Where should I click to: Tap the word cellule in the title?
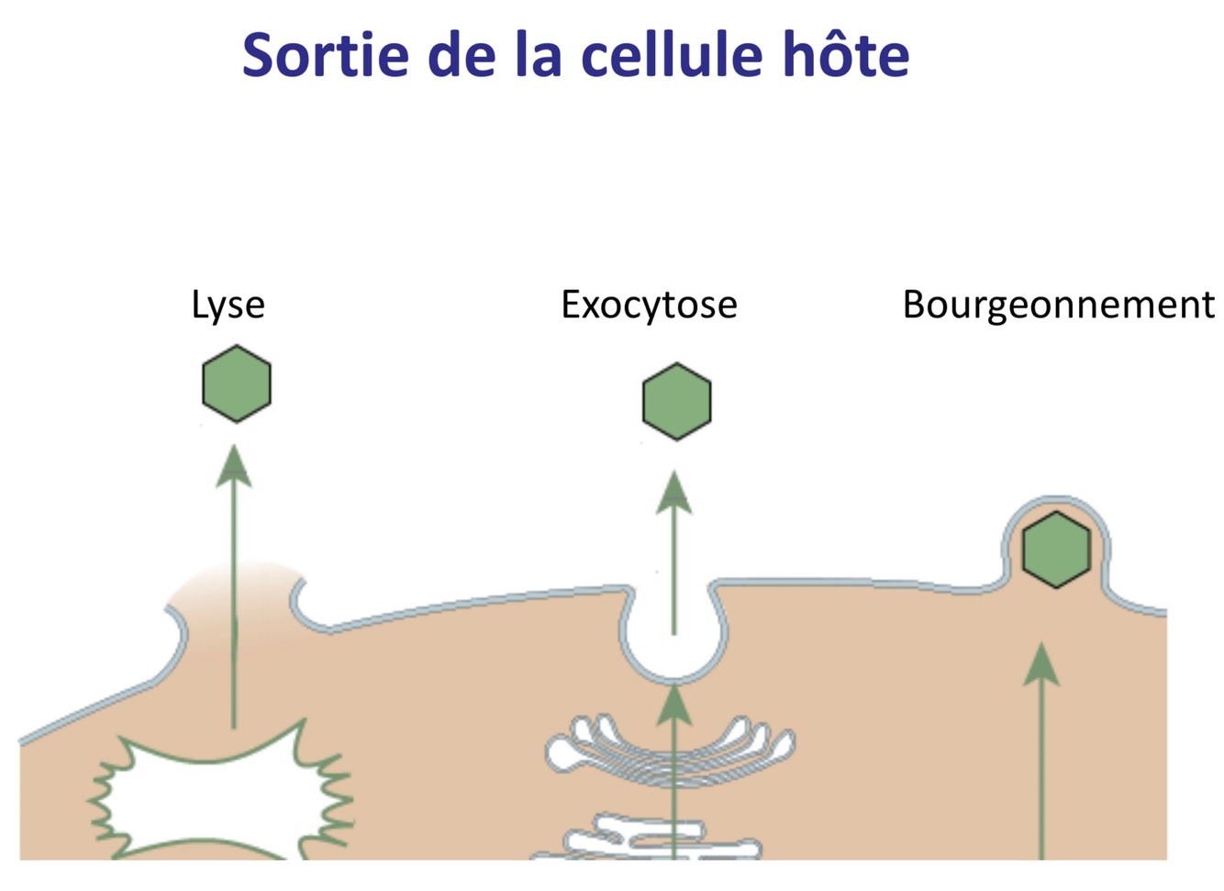coord(671,55)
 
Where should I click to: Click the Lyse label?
coord(228,305)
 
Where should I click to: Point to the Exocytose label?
coord(649,305)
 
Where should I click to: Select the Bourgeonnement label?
coord(1058,305)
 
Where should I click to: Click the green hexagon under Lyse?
coord(237,384)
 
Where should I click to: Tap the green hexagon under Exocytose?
coord(677,401)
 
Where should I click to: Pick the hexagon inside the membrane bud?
coord(1056,550)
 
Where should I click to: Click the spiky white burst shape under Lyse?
coord(220,798)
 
